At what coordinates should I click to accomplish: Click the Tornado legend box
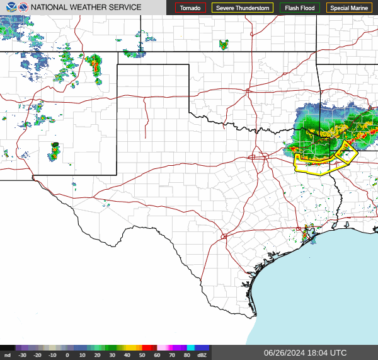point(190,8)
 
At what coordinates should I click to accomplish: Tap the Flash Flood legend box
point(300,8)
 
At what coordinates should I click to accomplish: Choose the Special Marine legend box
point(349,8)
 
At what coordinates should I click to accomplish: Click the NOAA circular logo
point(9,8)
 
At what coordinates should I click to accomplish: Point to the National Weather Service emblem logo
point(23,8)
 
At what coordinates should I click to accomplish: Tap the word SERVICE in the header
point(125,8)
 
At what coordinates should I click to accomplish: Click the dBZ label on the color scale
point(202,355)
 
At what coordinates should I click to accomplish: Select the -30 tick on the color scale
point(23,355)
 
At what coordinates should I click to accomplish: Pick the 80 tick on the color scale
point(186,355)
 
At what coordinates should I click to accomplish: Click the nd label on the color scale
point(7,355)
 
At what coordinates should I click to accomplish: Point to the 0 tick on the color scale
point(67,355)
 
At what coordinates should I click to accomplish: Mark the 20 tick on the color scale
point(97,355)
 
